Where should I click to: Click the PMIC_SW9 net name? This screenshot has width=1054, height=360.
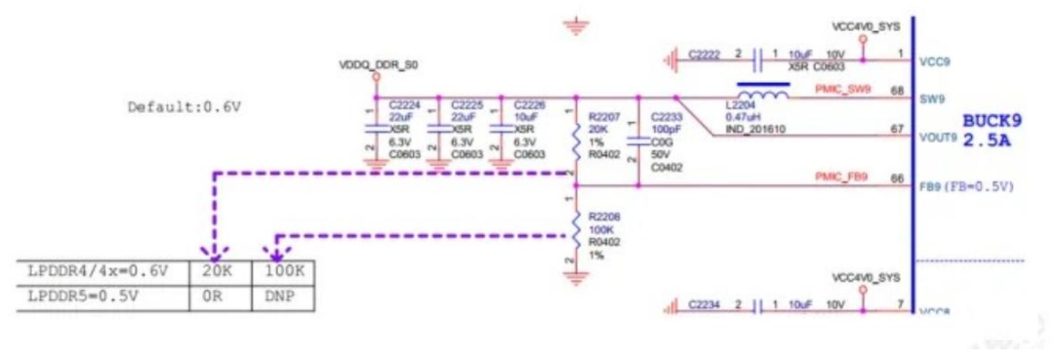842,91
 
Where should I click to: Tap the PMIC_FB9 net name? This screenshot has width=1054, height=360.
841,177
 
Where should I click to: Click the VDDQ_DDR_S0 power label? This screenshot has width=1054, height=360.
378,63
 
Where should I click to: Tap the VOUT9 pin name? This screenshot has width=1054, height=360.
937,138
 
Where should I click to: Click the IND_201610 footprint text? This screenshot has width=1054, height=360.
752,130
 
